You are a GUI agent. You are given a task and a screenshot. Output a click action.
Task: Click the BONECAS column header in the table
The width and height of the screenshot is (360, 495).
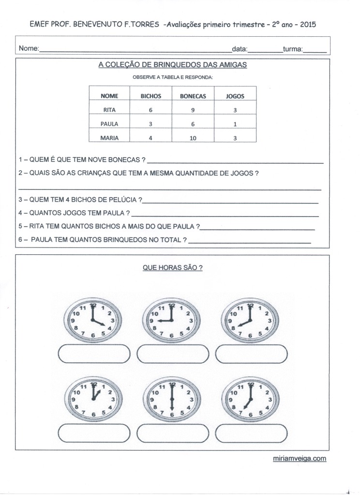pyautogui.click(x=193, y=96)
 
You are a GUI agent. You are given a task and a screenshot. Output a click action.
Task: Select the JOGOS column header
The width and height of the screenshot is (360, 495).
pyautogui.click(x=235, y=96)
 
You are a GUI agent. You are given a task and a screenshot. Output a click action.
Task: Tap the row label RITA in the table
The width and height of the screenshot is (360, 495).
pyautogui.click(x=110, y=110)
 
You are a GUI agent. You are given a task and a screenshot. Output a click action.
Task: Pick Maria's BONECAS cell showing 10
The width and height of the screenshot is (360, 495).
pyautogui.click(x=193, y=138)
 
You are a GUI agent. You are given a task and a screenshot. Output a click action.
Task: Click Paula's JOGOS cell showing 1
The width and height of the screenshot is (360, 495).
pyautogui.click(x=235, y=124)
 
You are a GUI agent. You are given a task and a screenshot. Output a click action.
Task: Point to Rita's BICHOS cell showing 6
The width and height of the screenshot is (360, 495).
pyautogui.click(x=150, y=110)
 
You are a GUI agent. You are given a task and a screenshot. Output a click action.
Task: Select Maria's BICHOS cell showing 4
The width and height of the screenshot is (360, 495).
pyautogui.click(x=150, y=138)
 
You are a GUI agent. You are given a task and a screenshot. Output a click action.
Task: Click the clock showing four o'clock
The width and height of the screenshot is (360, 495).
pyautogui.click(x=93, y=320)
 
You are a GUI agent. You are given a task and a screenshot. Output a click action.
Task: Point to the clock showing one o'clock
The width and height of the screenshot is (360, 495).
pyautogui.click(x=93, y=398)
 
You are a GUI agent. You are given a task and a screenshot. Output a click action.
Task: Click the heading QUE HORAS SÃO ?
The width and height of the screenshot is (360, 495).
pyautogui.click(x=173, y=267)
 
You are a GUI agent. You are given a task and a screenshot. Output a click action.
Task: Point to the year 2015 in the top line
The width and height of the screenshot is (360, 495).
pyautogui.click(x=308, y=24)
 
